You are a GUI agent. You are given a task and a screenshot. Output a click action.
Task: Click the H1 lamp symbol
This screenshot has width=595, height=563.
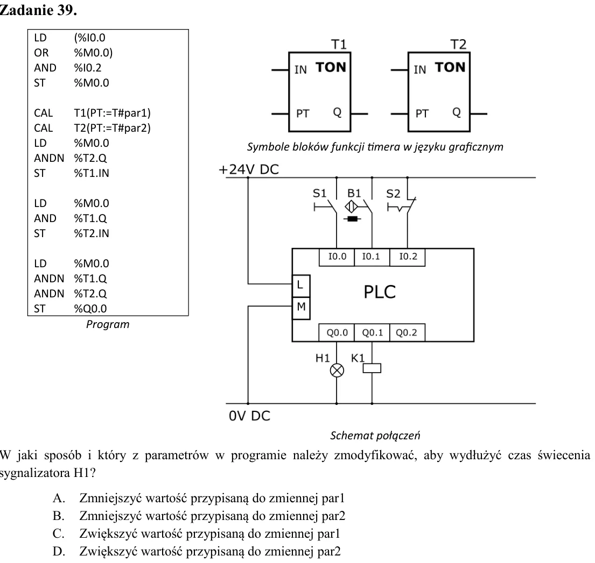337,370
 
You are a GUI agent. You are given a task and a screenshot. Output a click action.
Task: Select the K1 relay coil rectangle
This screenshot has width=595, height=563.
372,368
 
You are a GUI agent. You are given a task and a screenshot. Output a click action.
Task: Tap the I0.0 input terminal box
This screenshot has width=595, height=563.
337,257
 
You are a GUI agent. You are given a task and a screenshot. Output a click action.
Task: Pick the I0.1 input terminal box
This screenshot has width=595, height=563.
372,257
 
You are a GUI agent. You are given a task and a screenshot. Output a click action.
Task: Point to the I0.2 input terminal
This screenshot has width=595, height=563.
407,257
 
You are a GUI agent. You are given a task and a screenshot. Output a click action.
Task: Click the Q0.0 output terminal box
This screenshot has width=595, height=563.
337,333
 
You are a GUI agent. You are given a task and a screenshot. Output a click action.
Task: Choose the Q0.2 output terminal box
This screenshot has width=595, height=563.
407,333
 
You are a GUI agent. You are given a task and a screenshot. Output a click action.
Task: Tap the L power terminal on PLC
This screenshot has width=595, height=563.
301,286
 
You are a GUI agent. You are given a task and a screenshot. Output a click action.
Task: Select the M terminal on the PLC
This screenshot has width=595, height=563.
301,308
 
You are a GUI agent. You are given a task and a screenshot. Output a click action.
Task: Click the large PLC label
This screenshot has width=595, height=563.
380,292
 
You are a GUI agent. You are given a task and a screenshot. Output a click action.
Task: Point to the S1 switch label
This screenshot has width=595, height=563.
319,194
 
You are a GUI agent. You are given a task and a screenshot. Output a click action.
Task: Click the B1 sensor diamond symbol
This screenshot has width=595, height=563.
352,207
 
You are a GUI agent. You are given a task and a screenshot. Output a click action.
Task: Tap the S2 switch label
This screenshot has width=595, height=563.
393,194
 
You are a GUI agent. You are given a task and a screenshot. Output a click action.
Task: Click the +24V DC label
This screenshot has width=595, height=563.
249,169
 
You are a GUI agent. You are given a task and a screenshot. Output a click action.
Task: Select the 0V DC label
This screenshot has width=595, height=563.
249,416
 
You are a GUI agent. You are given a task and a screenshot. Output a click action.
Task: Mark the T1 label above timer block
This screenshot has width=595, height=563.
339,45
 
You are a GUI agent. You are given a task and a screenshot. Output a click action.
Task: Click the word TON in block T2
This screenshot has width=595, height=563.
450,67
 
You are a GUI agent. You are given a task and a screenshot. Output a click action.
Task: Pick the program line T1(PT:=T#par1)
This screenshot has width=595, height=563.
113,113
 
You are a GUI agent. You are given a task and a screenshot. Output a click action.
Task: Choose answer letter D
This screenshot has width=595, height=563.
59,551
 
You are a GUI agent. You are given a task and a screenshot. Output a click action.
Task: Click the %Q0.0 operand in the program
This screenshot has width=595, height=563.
90,309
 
